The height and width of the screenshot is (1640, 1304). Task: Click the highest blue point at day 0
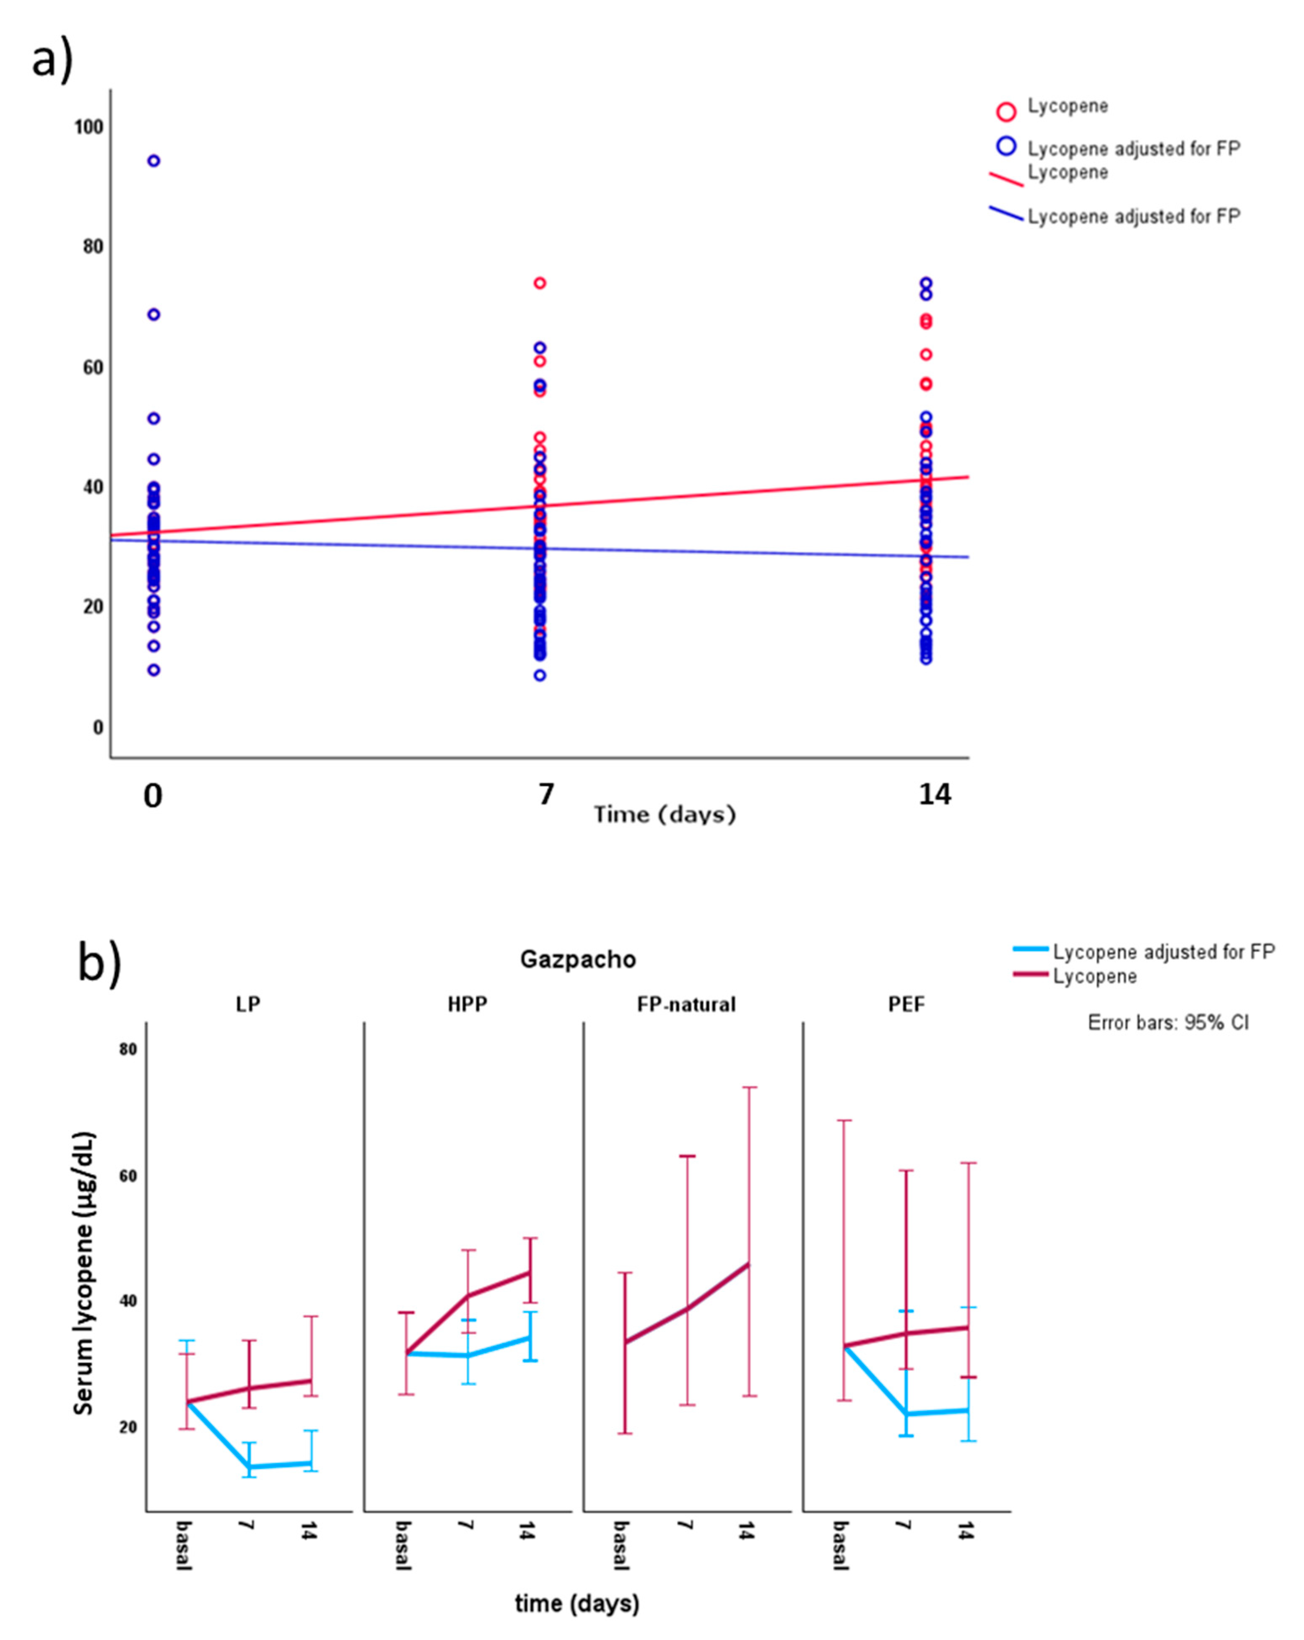(x=154, y=161)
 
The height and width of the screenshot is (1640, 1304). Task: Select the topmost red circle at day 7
(x=539, y=283)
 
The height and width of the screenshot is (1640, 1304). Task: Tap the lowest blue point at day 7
(x=539, y=675)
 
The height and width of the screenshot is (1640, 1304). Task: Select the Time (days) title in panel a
(x=664, y=815)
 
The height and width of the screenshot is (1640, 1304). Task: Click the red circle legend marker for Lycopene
(x=1006, y=112)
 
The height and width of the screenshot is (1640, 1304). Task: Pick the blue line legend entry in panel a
(x=1006, y=214)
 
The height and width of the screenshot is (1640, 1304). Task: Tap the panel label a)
(x=52, y=59)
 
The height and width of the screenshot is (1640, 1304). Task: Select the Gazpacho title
(x=577, y=959)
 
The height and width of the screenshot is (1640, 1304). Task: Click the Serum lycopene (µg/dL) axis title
(x=84, y=1274)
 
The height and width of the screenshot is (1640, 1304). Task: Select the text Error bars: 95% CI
(x=1168, y=1022)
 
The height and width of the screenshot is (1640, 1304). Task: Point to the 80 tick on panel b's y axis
(x=128, y=1049)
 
